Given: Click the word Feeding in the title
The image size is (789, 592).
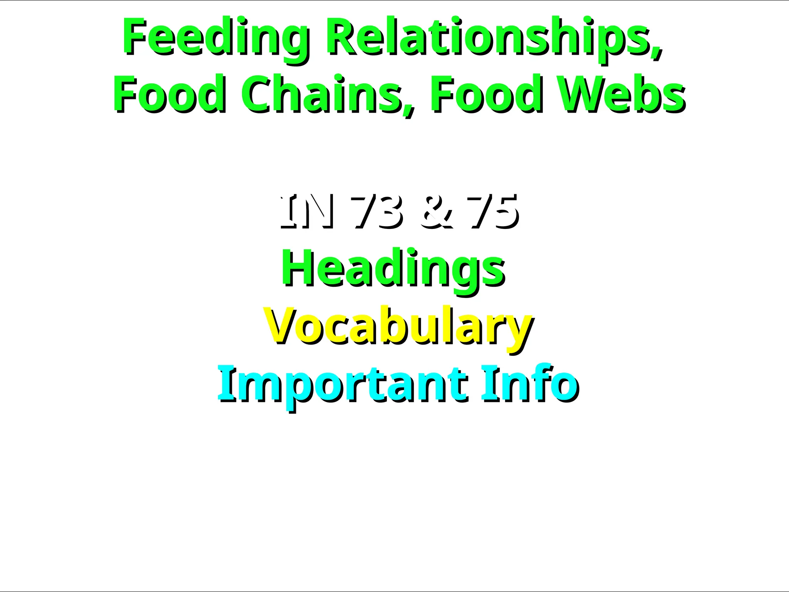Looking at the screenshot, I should pyautogui.click(x=215, y=37).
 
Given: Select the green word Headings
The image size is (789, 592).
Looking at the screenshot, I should pyautogui.click(x=393, y=268).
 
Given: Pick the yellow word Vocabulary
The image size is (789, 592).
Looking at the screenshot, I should pyautogui.click(x=398, y=326).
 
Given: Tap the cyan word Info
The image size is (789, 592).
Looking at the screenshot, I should pyautogui.click(x=530, y=383).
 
